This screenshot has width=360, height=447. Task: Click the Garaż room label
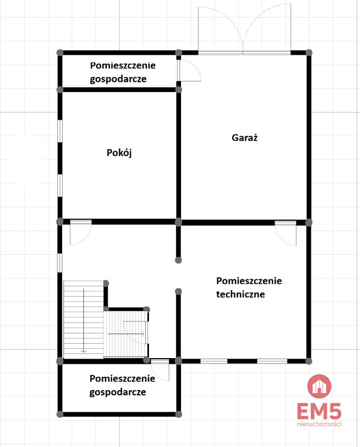click(245, 137)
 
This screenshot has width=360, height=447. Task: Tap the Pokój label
click(119, 153)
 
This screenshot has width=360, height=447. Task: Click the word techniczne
click(241, 294)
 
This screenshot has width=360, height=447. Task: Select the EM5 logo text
click(319, 411)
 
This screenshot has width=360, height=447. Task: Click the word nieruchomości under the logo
click(319, 424)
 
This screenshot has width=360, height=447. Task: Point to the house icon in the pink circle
click(319, 386)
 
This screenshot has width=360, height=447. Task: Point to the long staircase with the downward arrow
click(83, 319)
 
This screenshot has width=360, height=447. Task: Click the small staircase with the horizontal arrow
click(126, 334)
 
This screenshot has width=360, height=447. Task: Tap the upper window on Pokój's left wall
click(60, 131)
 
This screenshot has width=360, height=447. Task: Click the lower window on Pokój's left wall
click(60, 185)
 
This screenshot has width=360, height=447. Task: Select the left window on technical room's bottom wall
click(214, 361)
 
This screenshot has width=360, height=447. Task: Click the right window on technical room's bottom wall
click(272, 361)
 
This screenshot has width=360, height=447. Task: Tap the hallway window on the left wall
click(60, 263)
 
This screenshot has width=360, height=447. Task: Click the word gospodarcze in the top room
click(118, 79)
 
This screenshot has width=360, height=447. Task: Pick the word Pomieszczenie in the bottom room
click(123, 379)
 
